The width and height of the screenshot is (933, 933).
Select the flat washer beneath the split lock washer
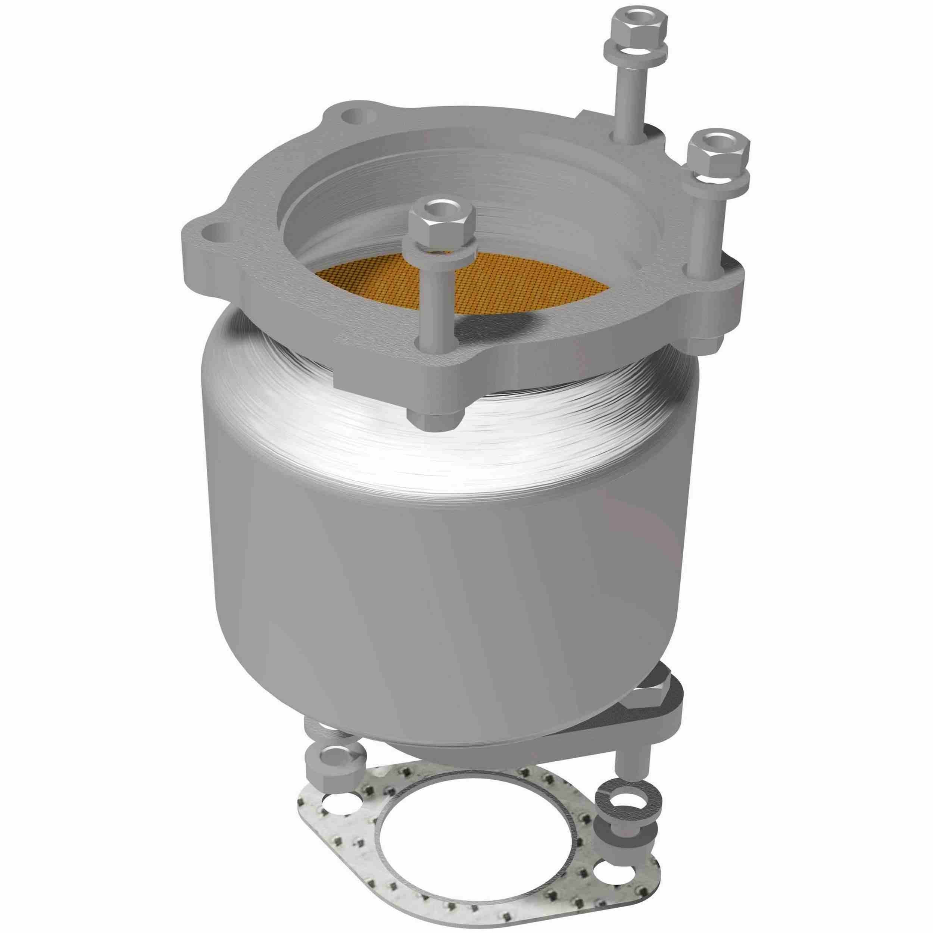(623, 821)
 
